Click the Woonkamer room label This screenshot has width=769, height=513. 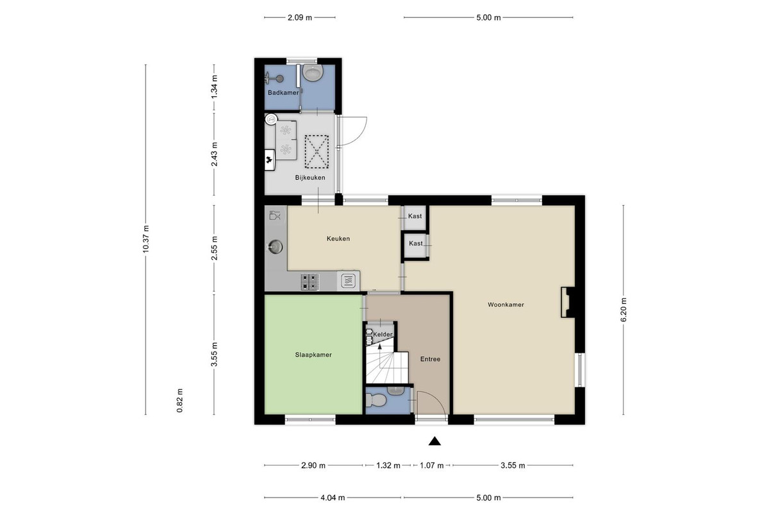506,305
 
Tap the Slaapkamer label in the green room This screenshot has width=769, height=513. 313,355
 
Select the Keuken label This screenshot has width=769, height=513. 338,239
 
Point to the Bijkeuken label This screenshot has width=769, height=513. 310,178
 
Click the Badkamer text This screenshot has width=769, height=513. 283,93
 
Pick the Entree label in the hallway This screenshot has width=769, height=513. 430,359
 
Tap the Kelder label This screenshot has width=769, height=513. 383,334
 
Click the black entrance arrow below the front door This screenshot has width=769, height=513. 434,441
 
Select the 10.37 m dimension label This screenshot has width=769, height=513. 146,239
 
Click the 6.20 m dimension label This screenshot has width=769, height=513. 624,310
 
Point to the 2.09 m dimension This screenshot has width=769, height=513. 300,17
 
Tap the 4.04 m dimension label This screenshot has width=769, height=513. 333,498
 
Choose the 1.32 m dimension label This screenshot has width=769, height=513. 388,466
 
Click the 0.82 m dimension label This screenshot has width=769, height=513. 179,401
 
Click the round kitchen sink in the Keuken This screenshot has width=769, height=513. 275,246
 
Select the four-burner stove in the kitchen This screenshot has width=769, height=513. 310,282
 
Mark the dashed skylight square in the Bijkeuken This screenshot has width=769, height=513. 317,152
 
